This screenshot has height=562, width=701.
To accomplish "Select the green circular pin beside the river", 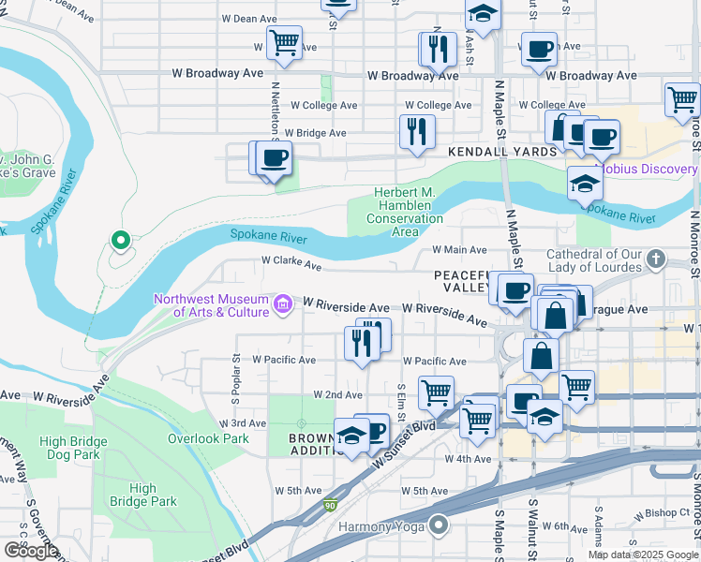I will pyautogui.click(x=120, y=241).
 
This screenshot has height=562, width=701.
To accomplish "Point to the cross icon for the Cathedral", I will pyautogui.click(x=656, y=258).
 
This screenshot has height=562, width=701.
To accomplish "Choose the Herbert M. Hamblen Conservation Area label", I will pyautogui.click(x=405, y=212).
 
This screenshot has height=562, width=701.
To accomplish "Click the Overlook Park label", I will pyautogui.click(x=208, y=438).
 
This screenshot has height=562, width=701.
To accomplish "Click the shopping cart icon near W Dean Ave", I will pyautogui.click(x=284, y=42).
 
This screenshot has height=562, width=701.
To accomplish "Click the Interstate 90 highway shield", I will pyautogui.click(x=329, y=505).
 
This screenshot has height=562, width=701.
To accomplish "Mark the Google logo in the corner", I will pyautogui.click(x=31, y=551).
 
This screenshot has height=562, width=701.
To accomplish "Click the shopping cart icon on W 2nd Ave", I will pyautogui.click(x=436, y=392).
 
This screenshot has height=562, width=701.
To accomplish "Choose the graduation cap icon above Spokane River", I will pyautogui.click(x=584, y=183).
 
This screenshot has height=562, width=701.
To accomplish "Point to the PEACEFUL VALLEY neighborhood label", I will pyautogui.click(x=463, y=281).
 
